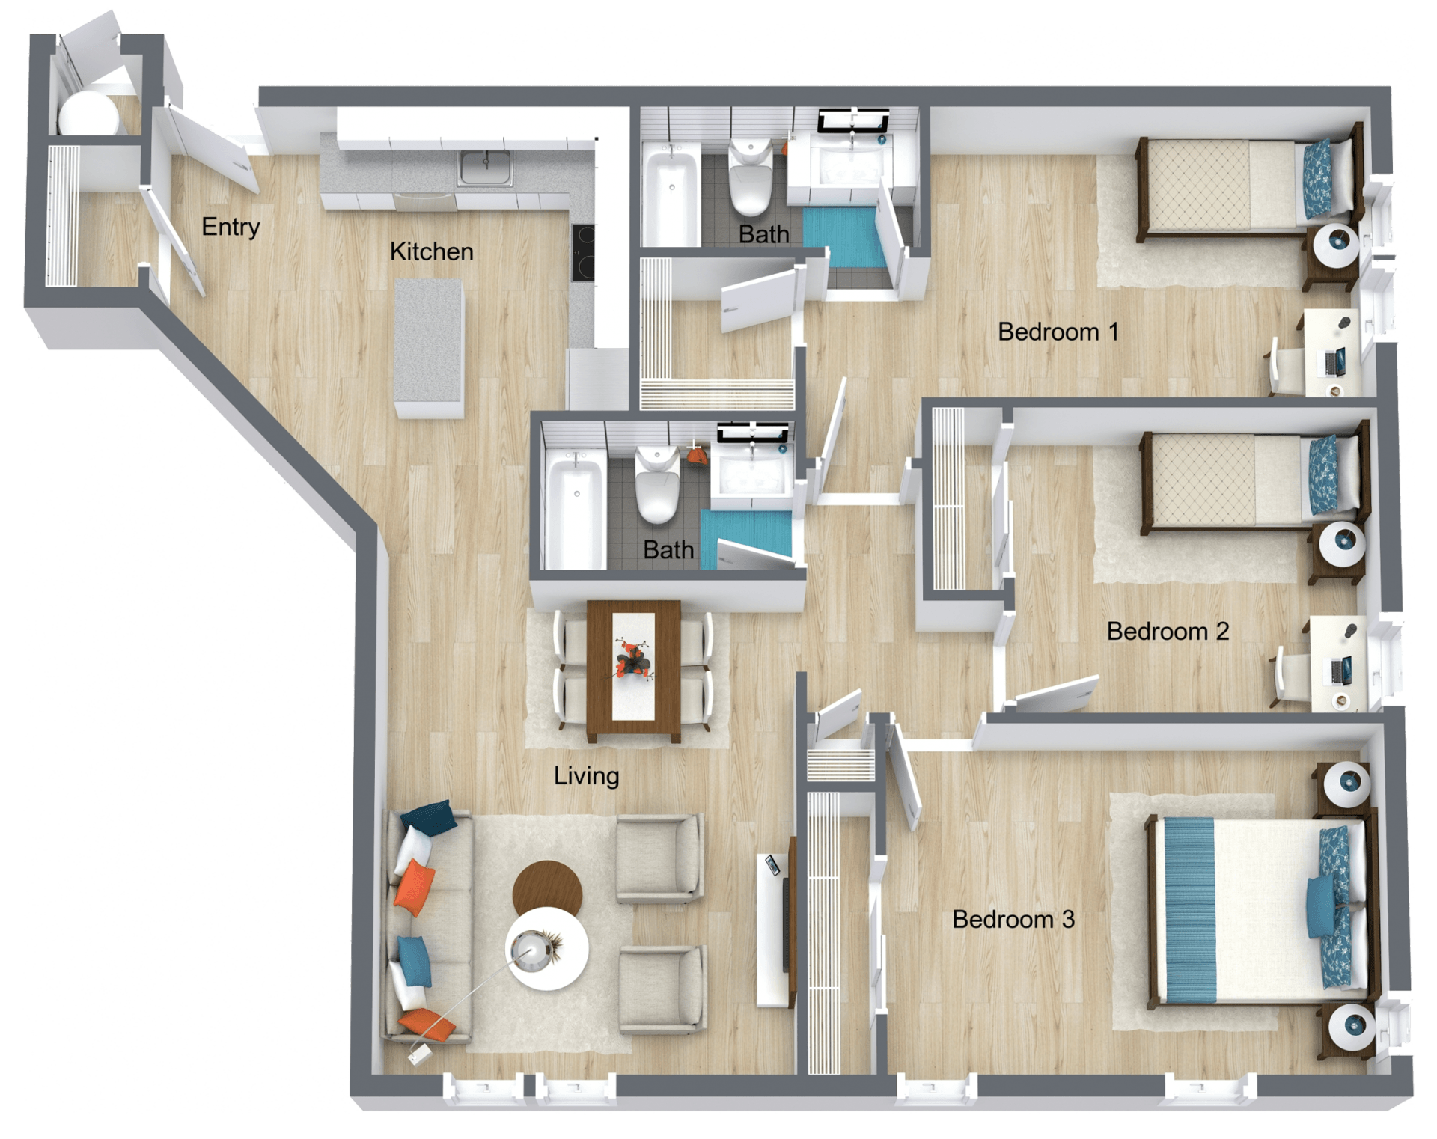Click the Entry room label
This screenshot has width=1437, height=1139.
pos(231,227)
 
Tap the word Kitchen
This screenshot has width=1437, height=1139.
pos(432,251)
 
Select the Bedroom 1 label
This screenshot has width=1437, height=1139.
pos(1058,332)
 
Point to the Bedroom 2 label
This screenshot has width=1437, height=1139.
pos(1168,631)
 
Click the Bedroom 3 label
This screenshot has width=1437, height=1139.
pos(1013,919)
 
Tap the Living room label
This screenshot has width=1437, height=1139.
pos(587,776)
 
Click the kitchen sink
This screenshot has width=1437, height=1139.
pos(486,168)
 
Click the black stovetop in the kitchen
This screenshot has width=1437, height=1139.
pos(584,252)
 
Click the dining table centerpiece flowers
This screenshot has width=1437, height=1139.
pos(633,659)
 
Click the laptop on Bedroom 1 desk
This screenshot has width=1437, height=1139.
pos(1335,361)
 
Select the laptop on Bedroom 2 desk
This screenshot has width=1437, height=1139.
pos(1340,669)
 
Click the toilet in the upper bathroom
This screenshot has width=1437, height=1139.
pos(750,177)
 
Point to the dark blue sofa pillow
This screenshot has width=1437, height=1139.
pos(429,816)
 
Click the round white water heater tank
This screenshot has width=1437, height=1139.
pos(88,114)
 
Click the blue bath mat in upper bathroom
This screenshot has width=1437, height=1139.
pos(845,236)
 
